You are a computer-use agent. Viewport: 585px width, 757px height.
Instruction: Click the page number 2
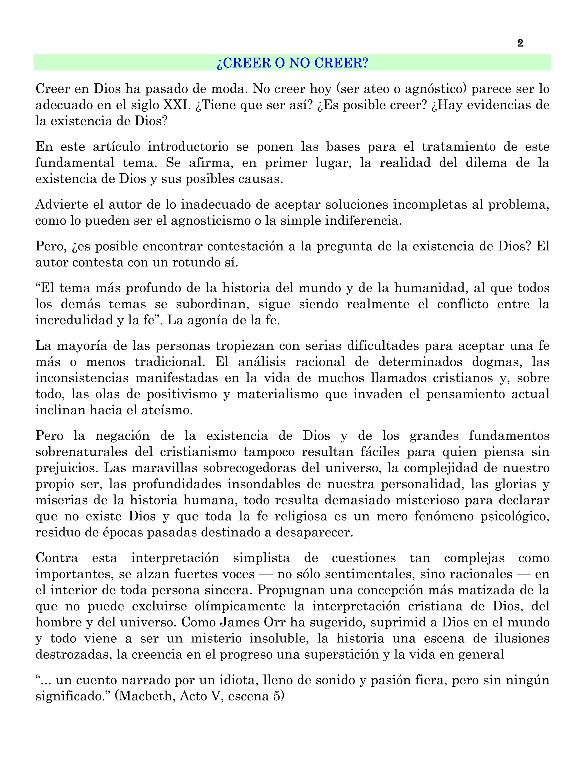520,43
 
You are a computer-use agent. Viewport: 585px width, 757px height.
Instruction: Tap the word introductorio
188,147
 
